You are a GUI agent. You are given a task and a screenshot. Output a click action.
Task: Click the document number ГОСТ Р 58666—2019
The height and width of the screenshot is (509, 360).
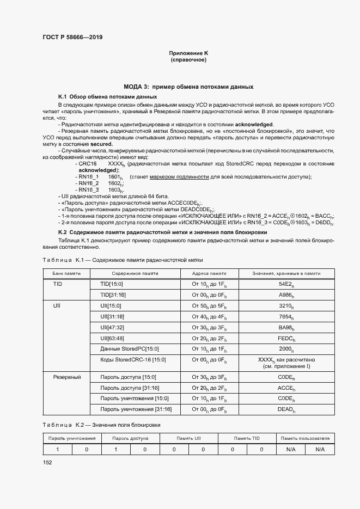click(x=72, y=37)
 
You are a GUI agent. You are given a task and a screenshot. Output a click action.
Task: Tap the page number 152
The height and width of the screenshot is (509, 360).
click(x=47, y=462)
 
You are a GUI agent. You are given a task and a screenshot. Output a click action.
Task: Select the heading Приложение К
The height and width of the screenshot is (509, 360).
click(x=188, y=53)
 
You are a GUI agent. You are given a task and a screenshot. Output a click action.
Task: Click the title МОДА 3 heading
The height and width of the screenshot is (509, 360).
click(x=188, y=87)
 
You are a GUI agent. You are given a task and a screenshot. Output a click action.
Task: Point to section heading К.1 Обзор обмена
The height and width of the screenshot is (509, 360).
click(x=92, y=96)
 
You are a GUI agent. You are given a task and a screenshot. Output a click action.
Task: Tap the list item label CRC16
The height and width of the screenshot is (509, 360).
click(x=88, y=163)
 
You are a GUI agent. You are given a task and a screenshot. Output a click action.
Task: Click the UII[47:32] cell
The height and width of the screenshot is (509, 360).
click(x=113, y=327)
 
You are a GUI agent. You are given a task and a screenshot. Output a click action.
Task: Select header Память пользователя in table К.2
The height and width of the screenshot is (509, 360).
click(x=305, y=438)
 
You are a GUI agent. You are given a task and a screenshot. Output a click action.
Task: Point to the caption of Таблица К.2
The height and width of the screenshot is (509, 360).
click(x=101, y=424)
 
